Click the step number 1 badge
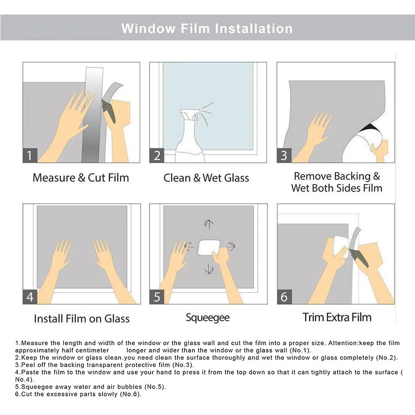[30, 155]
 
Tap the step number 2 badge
[157, 155]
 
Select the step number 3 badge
[284, 155]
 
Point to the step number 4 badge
[30, 297]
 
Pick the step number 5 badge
[157, 297]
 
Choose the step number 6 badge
[284, 297]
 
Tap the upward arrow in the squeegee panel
[209, 224]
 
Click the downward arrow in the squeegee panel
[209, 269]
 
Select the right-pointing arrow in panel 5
[231, 246]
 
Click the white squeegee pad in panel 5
[209, 248]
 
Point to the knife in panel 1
[109, 111]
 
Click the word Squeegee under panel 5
[207, 318]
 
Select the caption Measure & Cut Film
[81, 177]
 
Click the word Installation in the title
[254, 29]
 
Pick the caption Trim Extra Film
[337, 317]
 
